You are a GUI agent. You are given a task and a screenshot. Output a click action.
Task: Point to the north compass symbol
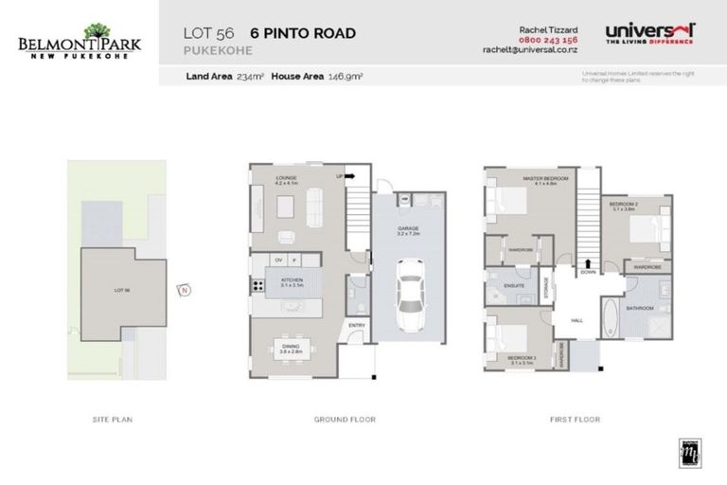tap(186, 291)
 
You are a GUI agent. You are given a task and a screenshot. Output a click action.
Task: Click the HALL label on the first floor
tap(577, 321)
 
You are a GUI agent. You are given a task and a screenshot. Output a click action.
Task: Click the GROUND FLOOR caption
tap(345, 419)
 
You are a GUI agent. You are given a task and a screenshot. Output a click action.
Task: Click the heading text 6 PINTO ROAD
tap(303, 34)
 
